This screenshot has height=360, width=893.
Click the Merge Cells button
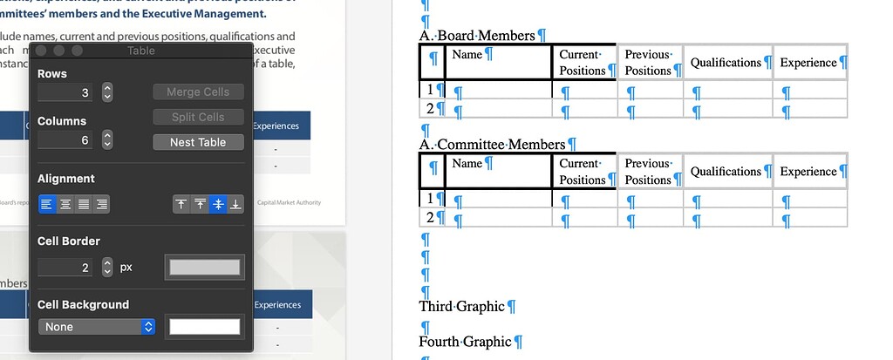[x=198, y=92]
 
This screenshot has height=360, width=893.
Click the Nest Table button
[x=198, y=142]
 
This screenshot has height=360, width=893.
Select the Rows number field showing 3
[x=66, y=92]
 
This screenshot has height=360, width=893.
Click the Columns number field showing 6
[x=66, y=139]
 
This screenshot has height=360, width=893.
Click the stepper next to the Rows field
[x=107, y=92]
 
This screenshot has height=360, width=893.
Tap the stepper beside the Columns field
[x=107, y=139]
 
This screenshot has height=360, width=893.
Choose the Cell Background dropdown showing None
[x=96, y=327]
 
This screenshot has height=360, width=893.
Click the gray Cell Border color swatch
[x=206, y=268]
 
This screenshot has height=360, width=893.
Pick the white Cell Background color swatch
[x=204, y=327]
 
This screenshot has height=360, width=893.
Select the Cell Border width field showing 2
[x=66, y=268]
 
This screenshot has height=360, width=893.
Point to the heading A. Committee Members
[x=492, y=145]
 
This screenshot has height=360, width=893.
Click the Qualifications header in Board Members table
[x=726, y=63]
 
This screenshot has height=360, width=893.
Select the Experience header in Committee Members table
[x=808, y=172]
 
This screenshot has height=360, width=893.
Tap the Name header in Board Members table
[x=467, y=55]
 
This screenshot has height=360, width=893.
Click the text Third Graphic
[x=462, y=307]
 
